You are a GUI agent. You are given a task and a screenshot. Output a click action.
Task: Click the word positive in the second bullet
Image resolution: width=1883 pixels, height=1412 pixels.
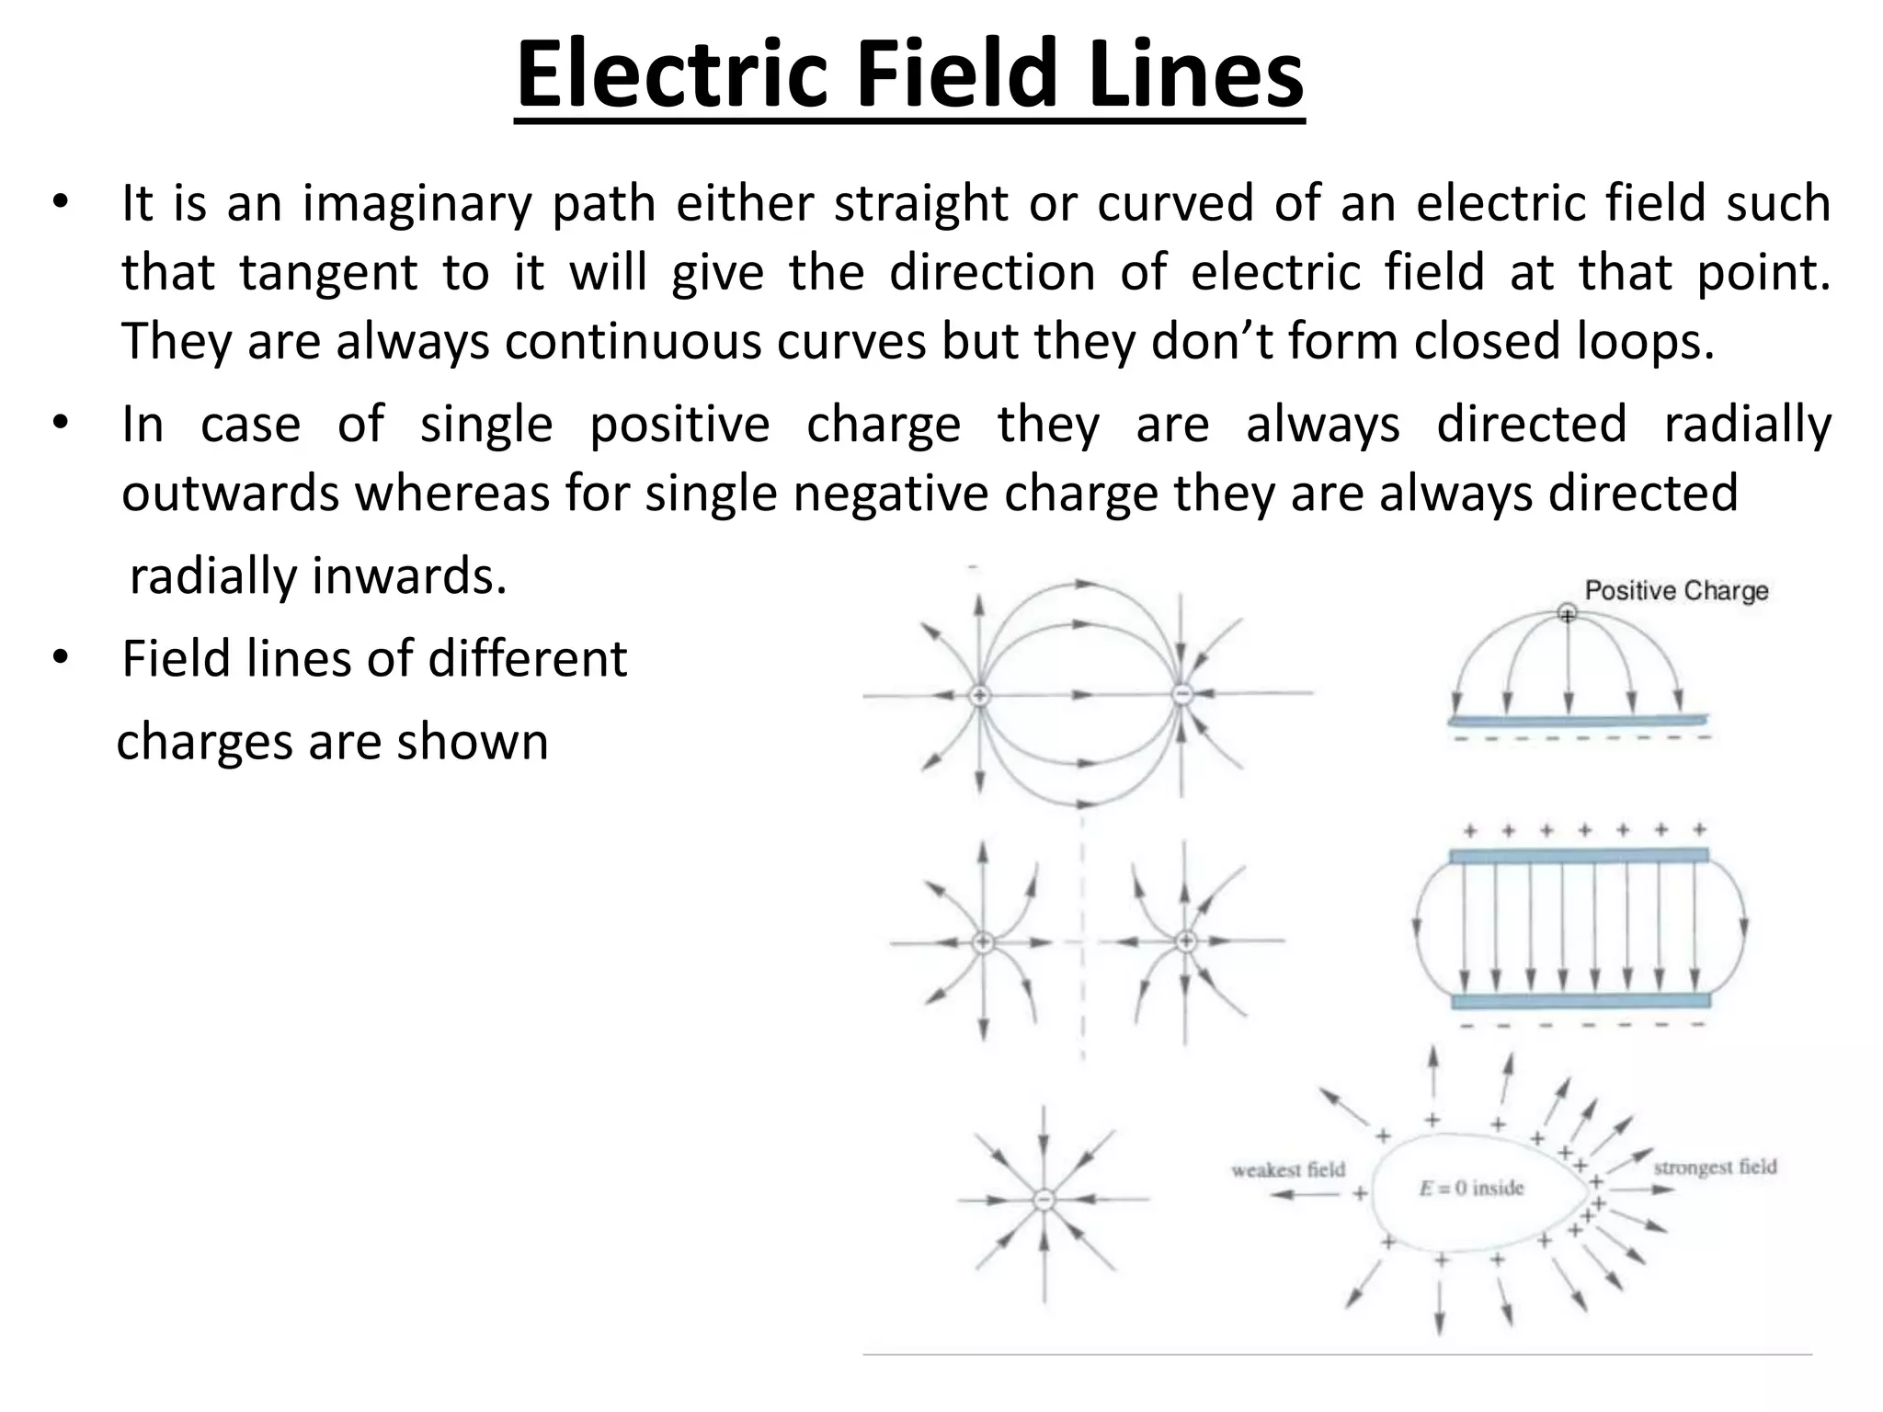click(x=679, y=425)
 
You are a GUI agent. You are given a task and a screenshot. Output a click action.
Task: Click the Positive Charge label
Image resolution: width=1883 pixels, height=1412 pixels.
click(x=1676, y=590)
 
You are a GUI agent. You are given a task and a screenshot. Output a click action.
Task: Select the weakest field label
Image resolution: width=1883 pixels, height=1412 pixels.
click(x=1287, y=1169)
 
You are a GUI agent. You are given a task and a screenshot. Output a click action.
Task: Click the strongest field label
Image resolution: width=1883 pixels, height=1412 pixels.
click(x=1715, y=1167)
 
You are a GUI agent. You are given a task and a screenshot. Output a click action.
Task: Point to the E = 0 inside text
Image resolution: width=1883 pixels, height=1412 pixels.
click(x=1471, y=1189)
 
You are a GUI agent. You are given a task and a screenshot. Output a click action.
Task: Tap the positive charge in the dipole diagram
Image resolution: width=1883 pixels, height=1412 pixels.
click(x=980, y=695)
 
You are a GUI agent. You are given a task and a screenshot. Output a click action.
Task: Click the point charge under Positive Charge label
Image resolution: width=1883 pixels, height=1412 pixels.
click(x=1567, y=613)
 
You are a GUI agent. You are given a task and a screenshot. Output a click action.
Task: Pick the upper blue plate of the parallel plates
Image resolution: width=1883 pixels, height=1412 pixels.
click(x=1579, y=856)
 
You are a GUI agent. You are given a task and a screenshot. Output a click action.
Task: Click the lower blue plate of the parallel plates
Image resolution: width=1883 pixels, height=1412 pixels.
click(x=1580, y=1000)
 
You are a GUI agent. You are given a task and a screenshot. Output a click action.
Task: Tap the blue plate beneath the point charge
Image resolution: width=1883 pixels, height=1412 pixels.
click(x=1578, y=720)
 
